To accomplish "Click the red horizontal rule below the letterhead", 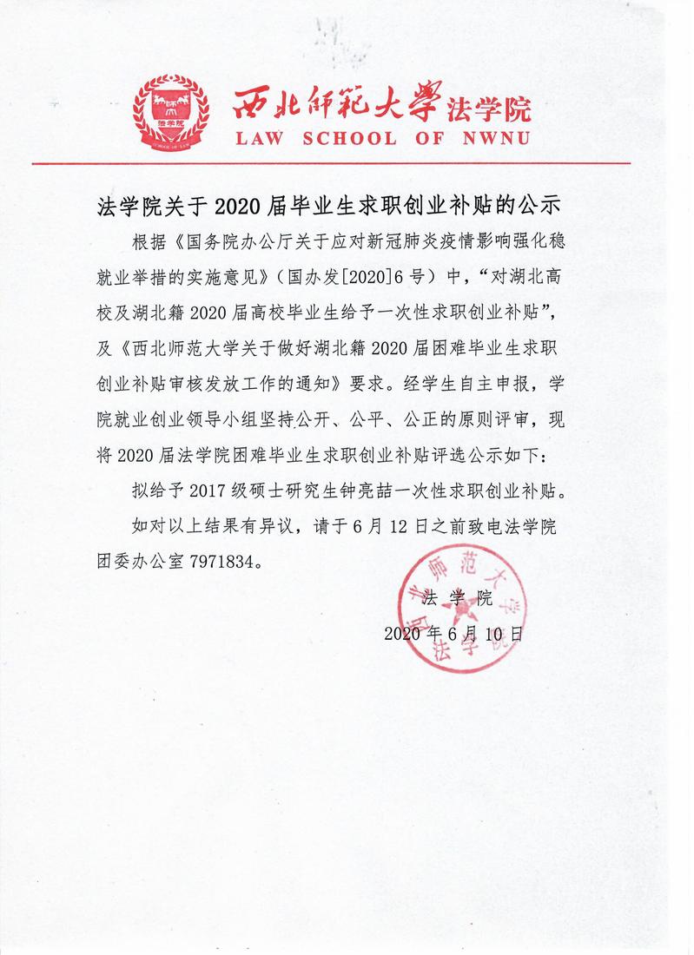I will [347, 163].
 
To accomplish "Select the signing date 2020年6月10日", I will [453, 634].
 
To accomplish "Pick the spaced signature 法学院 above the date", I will [456, 599].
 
